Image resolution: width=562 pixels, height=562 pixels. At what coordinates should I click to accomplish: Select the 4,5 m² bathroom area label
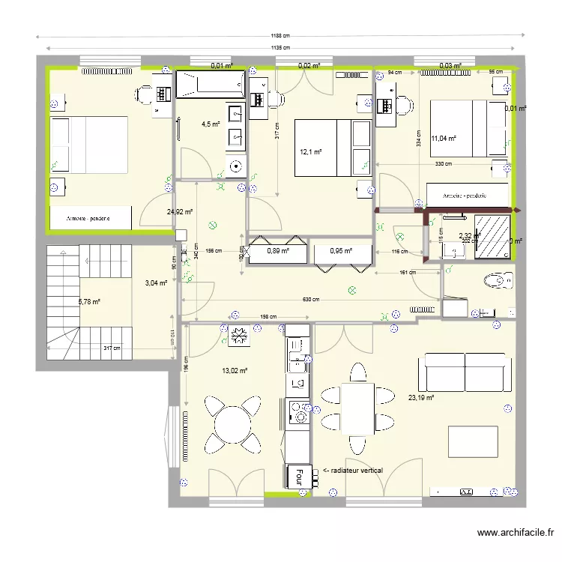tap(210, 124)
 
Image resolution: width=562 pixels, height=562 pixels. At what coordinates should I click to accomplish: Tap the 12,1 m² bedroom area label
tap(310, 151)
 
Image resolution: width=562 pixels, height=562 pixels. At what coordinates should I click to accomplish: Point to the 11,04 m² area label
tap(444, 138)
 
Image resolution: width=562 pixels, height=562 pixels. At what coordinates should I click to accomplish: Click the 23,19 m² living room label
tap(420, 399)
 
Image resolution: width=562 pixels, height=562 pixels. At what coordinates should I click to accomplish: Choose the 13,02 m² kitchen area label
tap(235, 370)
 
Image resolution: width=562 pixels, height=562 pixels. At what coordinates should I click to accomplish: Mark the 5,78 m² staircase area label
tap(89, 302)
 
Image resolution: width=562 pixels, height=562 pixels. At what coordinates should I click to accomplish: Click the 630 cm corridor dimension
tap(311, 300)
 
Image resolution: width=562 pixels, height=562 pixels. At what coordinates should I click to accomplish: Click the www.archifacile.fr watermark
tap(515, 534)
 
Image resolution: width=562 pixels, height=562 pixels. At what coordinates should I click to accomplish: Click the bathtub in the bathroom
tap(211, 85)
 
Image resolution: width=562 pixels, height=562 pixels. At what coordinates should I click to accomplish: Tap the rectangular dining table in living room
tap(357, 408)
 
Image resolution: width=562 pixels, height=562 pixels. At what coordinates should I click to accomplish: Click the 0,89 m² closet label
tap(278, 251)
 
